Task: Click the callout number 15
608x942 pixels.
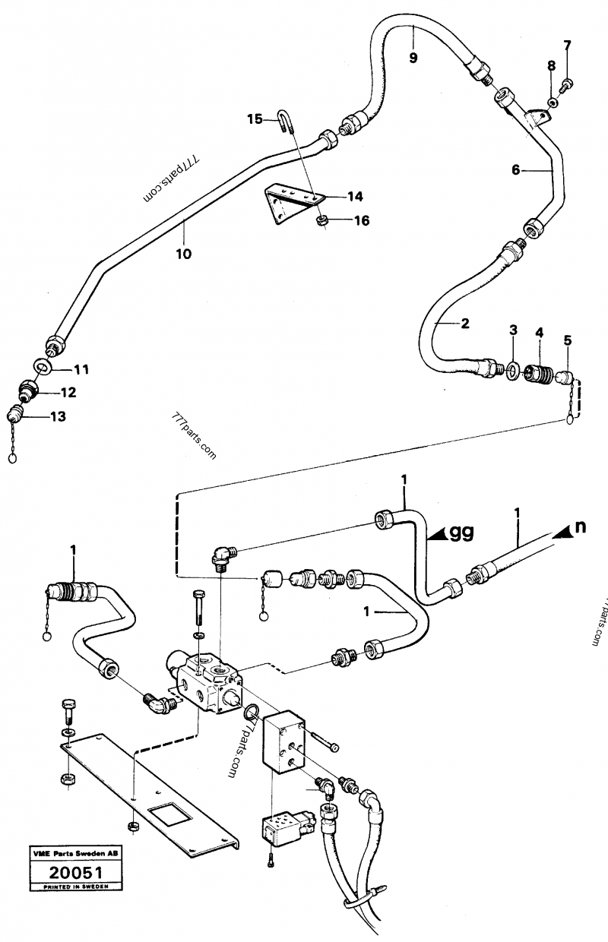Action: point(254,119)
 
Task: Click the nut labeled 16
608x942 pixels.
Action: point(321,220)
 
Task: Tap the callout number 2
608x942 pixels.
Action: point(464,323)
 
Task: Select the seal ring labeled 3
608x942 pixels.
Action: point(514,371)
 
